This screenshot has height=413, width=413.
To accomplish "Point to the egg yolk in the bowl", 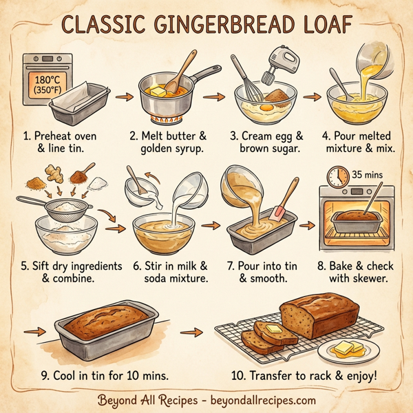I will coord(266,105).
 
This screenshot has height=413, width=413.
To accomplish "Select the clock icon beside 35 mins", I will coord(338,176).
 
